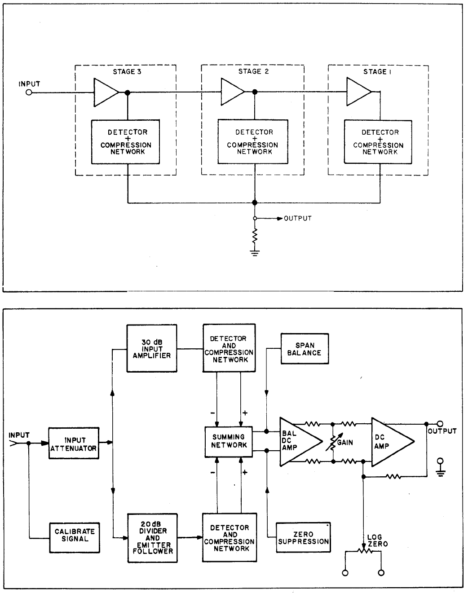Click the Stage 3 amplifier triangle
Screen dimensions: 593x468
[x=105, y=92]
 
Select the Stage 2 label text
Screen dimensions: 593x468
[x=253, y=72]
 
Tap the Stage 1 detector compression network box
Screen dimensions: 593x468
[x=378, y=142]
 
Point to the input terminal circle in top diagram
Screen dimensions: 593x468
[x=29, y=93]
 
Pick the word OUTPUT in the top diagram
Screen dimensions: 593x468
[x=298, y=219]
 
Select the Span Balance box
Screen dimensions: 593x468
[x=305, y=349]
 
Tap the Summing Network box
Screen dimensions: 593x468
[x=229, y=441]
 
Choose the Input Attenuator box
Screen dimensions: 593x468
[x=74, y=443]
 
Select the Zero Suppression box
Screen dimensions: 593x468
[x=303, y=537]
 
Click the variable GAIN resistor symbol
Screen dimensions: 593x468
[x=333, y=442]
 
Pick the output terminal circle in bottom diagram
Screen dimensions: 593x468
[x=440, y=424]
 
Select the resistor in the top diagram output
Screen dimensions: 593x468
[x=255, y=236]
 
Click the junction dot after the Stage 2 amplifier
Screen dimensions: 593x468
[x=255, y=92]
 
